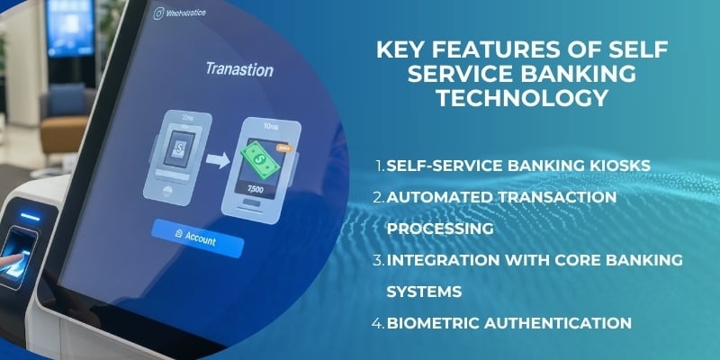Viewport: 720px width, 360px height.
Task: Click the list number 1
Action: coord(379,168)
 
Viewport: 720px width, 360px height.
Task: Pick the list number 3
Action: coord(379,260)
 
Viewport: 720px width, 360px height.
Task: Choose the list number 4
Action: coord(379,321)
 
